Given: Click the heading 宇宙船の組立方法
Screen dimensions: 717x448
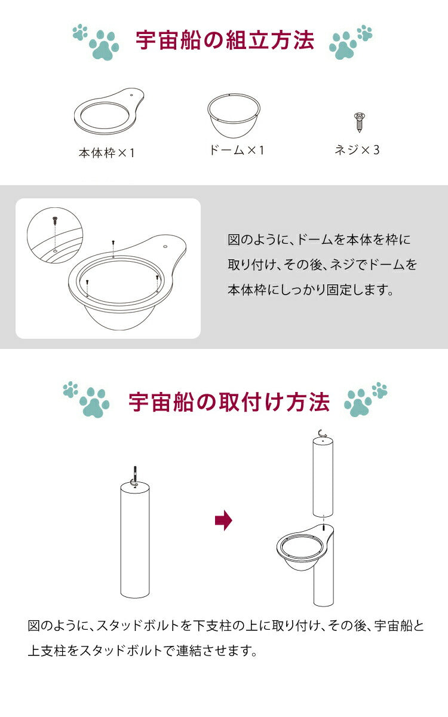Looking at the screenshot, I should (x=225, y=41).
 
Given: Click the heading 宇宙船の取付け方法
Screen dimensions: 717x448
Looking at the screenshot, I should (x=229, y=402).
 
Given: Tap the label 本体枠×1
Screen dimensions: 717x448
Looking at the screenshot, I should (x=107, y=153).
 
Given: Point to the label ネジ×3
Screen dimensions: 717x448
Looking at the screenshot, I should (x=357, y=150).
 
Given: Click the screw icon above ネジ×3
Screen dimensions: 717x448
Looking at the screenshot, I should (x=359, y=122).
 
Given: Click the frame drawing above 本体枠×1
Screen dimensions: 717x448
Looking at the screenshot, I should (x=111, y=114).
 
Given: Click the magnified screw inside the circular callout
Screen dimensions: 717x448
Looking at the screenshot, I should (x=55, y=221).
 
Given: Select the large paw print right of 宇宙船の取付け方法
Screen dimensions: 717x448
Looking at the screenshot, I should (x=359, y=404).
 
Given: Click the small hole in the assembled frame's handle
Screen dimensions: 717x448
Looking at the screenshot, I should (x=165, y=245).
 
